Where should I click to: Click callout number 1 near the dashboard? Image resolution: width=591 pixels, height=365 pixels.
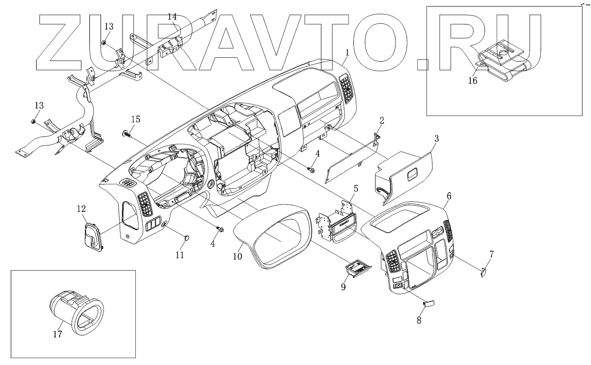click(347, 53)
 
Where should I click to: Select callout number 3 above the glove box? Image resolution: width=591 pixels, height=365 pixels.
click(436, 138)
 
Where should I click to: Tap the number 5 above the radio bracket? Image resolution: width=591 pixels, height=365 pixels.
click(356, 188)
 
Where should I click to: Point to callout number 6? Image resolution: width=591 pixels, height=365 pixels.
click(449, 196)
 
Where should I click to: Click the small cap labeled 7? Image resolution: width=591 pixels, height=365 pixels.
click(483, 272)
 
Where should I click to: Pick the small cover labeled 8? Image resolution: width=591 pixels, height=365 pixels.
click(429, 304)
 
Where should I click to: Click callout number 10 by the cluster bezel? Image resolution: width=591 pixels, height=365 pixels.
click(237, 257)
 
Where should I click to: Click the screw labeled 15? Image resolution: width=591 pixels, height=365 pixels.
click(126, 134)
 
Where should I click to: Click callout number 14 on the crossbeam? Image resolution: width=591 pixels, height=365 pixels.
click(172, 17)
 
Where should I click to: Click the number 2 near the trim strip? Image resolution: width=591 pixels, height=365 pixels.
click(381, 121)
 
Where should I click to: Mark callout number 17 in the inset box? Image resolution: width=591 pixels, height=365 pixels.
click(57, 334)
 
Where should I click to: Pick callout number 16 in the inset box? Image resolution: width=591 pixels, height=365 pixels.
click(472, 81)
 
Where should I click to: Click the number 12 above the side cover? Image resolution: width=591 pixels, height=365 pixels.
click(81, 209)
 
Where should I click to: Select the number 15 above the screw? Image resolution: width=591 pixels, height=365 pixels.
click(135, 119)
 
